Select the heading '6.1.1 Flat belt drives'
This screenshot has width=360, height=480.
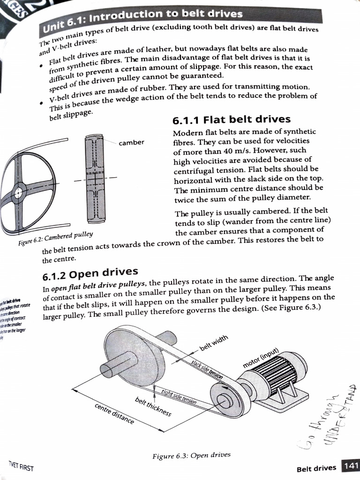tap(232, 120)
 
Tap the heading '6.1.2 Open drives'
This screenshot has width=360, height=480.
tap(90, 272)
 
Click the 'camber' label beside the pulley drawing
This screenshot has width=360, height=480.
tap(131, 142)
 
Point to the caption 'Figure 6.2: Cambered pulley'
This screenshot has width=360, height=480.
tap(55, 238)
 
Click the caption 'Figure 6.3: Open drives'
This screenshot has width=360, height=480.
tap(191, 455)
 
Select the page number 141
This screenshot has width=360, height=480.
tap(350, 466)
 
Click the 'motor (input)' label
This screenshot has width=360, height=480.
tap(261, 359)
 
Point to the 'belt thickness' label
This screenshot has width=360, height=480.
tap(153, 406)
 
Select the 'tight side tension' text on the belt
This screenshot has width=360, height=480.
tap(179, 397)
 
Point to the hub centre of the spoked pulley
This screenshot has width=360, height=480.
tap(18, 192)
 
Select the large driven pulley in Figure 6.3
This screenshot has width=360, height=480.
tap(134, 356)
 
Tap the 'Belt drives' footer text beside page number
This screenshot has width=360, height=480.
tap(316, 468)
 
